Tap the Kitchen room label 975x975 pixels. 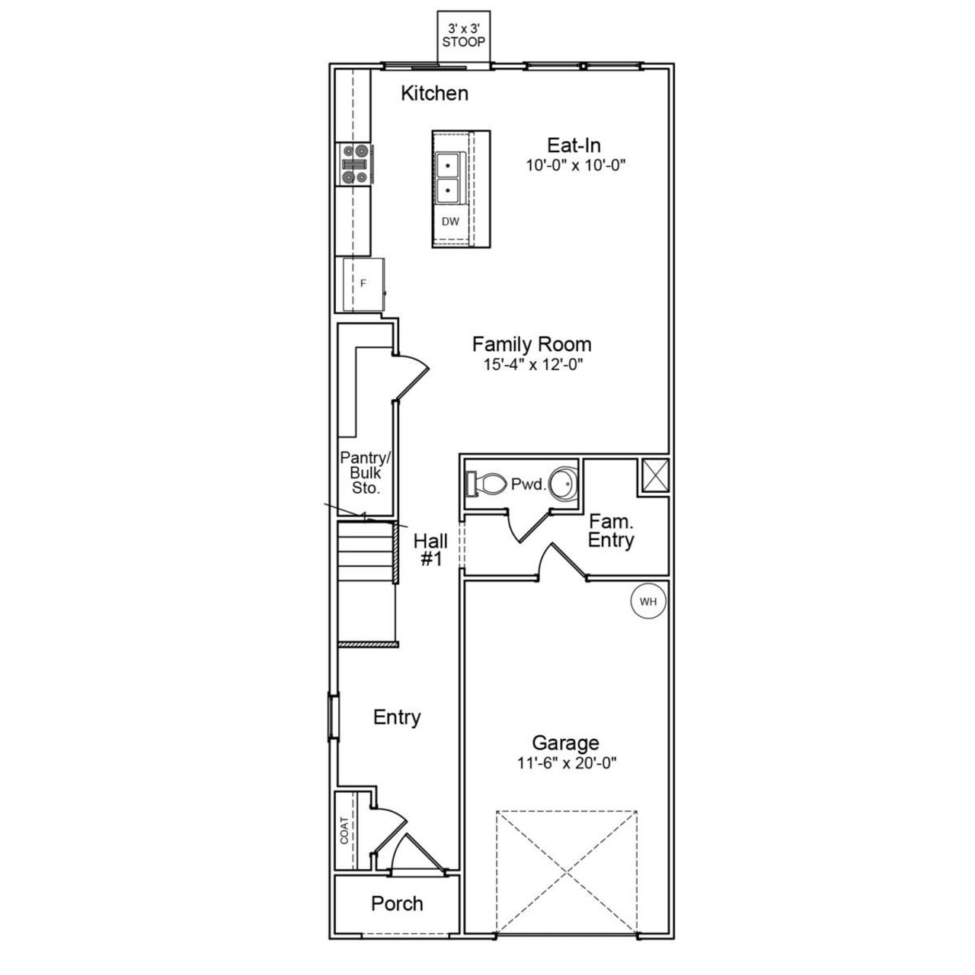(434, 94)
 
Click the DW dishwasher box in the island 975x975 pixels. (450, 222)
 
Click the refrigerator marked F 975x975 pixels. (363, 283)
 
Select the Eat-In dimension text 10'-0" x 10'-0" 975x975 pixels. (574, 165)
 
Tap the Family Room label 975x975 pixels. (532, 344)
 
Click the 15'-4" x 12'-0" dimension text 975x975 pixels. (532, 364)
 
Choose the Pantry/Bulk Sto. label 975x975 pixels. (365, 473)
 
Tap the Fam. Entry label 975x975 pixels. (611, 532)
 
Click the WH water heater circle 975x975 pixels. (648, 602)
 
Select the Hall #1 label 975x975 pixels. (430, 550)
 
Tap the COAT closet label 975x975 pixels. (344, 830)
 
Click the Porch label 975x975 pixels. (397, 904)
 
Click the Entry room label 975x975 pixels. (397, 718)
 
